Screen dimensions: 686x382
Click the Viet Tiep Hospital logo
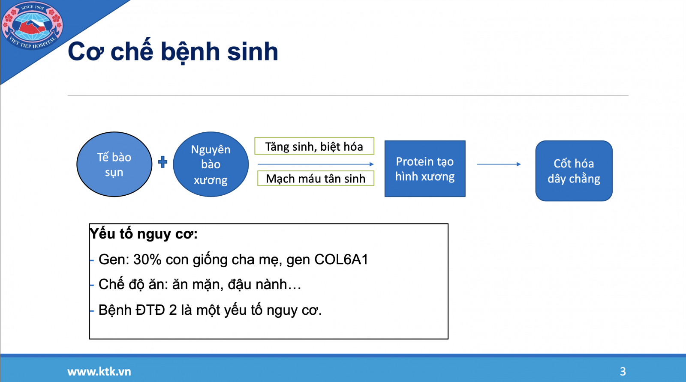tap(32, 26)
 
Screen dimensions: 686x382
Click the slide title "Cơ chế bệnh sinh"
tap(173, 51)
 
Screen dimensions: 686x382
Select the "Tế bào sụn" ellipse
tap(114, 164)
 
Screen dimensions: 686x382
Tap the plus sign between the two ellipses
tap(162, 162)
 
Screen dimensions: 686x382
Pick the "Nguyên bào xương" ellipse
tap(211, 164)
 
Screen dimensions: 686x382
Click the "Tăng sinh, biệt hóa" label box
tap(314, 146)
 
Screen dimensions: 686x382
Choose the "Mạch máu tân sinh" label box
tap(316, 178)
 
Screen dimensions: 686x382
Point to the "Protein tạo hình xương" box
tap(425, 169)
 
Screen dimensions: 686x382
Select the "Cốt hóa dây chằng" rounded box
tap(574, 171)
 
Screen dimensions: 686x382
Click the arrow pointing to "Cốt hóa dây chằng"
tap(499, 164)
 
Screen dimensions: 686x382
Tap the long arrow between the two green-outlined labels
tap(316, 164)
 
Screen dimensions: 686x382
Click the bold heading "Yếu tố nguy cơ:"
tap(144, 234)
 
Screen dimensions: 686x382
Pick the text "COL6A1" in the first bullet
tap(341, 260)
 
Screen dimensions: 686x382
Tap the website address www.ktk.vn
tap(99, 371)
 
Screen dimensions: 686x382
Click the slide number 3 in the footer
tap(623, 371)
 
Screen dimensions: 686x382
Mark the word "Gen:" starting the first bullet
tap(114, 260)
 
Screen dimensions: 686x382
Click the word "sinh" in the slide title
tap(253, 51)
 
